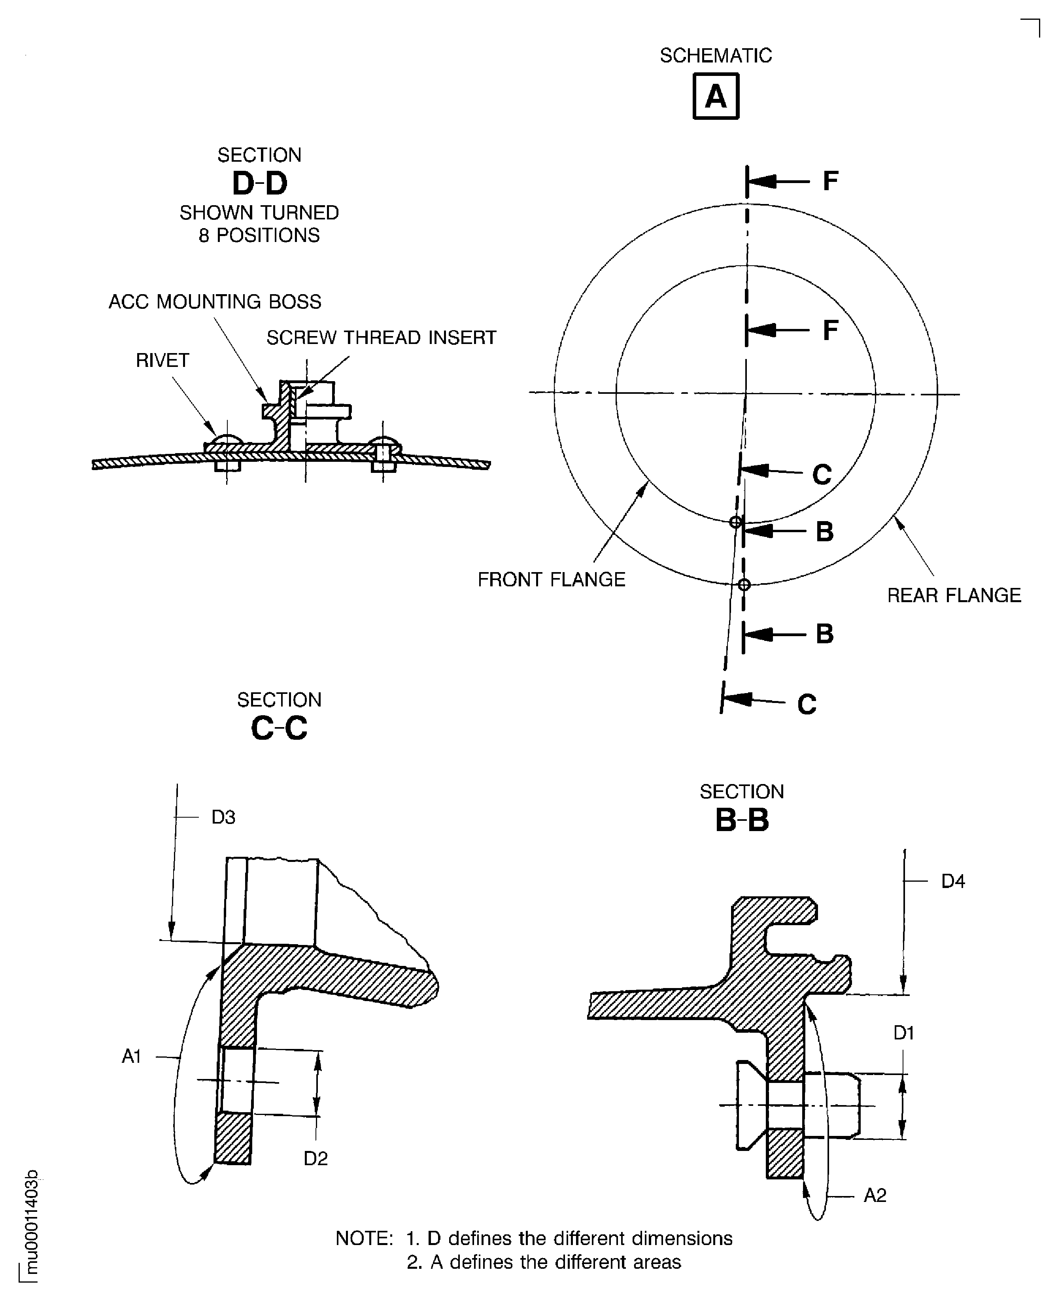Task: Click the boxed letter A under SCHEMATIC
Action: [x=716, y=96]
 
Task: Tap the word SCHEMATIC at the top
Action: [x=716, y=55]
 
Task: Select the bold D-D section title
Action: [x=260, y=183]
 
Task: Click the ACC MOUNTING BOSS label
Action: [x=215, y=302]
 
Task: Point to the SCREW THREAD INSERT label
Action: [x=382, y=338]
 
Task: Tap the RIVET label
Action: [x=163, y=360]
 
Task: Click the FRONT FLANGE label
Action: [x=552, y=580]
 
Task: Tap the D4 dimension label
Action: [x=953, y=881]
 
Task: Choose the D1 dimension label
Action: [x=904, y=1033]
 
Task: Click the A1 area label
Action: [x=132, y=1056]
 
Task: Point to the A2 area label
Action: [x=875, y=1196]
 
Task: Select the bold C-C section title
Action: [x=279, y=728]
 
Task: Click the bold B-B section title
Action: [x=742, y=820]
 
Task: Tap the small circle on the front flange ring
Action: [x=736, y=522]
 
